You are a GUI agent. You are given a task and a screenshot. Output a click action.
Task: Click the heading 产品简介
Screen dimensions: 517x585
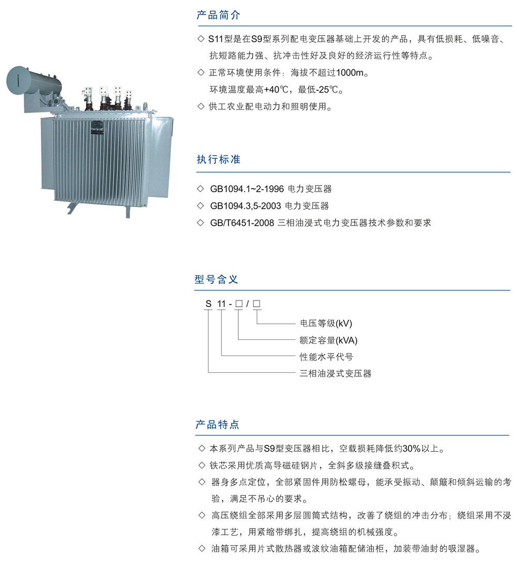pyautogui.click(x=218, y=15)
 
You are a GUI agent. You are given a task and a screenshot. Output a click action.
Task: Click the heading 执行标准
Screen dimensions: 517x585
pyautogui.click(x=219, y=159)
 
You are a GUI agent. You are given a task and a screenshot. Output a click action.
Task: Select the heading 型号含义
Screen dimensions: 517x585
pyautogui.click(x=216, y=279)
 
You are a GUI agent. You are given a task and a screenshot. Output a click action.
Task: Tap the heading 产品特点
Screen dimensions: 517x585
pyautogui.click(x=218, y=424)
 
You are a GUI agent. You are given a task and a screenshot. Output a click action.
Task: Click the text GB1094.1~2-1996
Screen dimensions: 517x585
pyautogui.click(x=247, y=189)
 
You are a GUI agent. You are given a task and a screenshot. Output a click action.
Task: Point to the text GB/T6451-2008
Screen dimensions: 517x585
pyautogui.click(x=242, y=223)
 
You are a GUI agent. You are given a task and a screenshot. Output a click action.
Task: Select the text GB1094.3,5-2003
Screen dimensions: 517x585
pyautogui.click(x=246, y=205)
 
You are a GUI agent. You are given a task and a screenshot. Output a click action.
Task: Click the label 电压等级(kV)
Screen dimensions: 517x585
pyautogui.click(x=326, y=323)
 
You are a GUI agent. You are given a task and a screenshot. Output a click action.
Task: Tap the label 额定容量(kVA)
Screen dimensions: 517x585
pyautogui.click(x=329, y=340)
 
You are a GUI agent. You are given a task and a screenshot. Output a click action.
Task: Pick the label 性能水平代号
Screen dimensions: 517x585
pyautogui.click(x=326, y=357)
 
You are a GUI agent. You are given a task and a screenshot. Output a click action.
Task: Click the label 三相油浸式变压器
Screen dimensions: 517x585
pyautogui.click(x=336, y=373)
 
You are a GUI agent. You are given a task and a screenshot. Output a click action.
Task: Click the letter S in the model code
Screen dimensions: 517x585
pyautogui.click(x=208, y=304)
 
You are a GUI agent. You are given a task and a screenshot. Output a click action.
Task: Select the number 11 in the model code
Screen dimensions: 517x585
pyautogui.click(x=222, y=304)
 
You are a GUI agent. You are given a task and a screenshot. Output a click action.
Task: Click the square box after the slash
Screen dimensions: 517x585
pyautogui.click(x=256, y=304)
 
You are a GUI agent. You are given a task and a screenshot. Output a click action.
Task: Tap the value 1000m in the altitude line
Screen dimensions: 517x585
pyautogui.click(x=350, y=73)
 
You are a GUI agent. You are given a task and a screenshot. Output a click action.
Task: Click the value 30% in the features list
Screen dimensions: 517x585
pyautogui.click(x=412, y=448)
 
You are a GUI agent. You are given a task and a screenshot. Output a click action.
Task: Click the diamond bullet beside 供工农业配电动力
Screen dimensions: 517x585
pyautogui.click(x=201, y=107)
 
